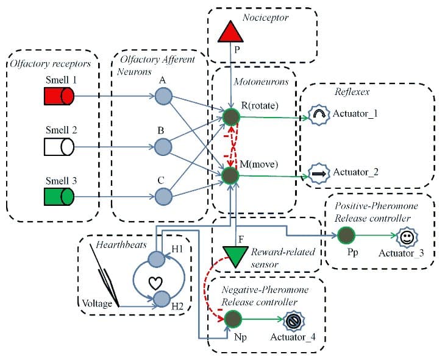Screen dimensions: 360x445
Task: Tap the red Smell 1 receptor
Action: tap(59, 96)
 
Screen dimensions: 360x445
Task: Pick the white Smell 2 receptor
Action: tap(59, 146)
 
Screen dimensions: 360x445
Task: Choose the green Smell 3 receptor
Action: tap(59, 197)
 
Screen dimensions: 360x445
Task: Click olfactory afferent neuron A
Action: tap(163, 96)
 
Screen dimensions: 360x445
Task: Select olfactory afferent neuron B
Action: tap(163, 146)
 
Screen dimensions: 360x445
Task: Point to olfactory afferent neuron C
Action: tap(163, 197)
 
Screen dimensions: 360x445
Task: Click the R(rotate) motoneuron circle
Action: tap(230, 117)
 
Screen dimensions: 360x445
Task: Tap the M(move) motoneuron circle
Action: tap(230, 176)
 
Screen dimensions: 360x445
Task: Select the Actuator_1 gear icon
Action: tap(319, 114)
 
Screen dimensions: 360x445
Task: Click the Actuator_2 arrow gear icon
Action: tap(319, 172)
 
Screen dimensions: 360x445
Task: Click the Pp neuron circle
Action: tap(346, 235)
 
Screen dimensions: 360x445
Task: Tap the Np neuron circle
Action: tap(232, 319)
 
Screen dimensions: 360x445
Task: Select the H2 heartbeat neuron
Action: tap(162, 298)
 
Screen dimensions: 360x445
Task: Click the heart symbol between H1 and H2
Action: tap(156, 281)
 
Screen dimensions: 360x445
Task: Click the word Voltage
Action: tap(98, 303)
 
